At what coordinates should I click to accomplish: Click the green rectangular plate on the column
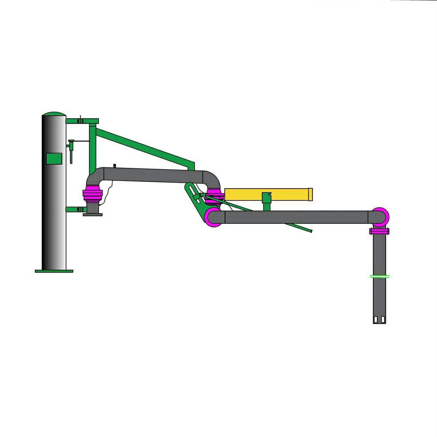54,158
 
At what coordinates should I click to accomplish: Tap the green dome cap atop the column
54,114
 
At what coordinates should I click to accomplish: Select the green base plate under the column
54,271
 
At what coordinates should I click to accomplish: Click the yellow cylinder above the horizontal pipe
266,194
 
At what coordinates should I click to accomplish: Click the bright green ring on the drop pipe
379,276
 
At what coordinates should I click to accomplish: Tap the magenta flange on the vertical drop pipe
379,231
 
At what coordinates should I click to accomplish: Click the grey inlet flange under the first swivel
92,214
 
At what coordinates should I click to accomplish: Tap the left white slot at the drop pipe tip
375,320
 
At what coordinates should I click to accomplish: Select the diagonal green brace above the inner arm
146,146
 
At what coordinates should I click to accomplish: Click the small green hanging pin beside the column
71,153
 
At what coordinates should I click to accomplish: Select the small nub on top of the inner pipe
114,166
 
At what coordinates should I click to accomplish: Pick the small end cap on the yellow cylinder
310,194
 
